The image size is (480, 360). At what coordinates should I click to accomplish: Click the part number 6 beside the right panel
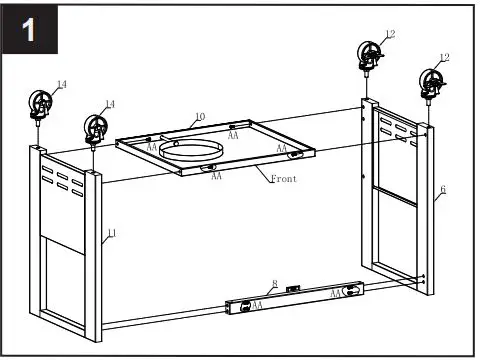click(442, 188)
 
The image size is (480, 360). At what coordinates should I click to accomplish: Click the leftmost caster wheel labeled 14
click(42, 104)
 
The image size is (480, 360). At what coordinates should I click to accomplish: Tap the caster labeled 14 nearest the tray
click(96, 128)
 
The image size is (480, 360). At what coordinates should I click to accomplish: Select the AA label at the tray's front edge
click(216, 176)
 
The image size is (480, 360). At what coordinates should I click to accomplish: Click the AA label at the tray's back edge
click(232, 135)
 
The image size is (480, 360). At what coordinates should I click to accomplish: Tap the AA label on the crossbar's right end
click(336, 295)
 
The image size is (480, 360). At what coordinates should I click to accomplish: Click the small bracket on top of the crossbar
click(292, 290)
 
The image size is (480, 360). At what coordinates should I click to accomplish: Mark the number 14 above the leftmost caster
click(62, 85)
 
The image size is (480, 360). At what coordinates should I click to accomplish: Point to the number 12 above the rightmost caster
click(444, 58)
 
